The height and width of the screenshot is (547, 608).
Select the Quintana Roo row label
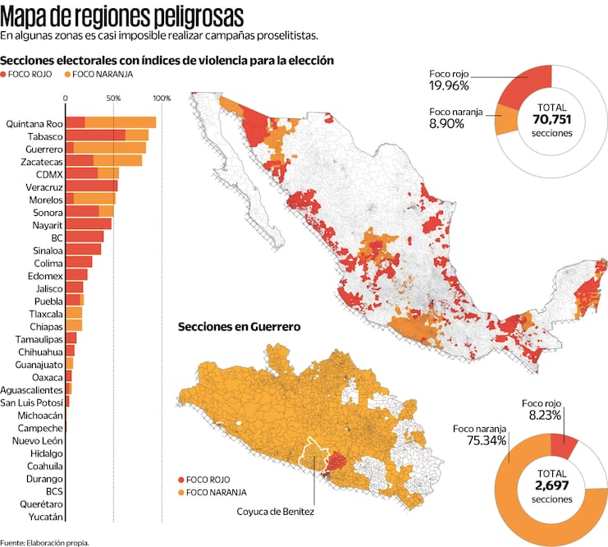click(34, 124)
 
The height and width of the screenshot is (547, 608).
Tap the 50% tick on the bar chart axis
click(113, 99)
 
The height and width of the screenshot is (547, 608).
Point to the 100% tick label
click(161, 99)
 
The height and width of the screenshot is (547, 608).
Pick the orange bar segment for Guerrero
click(109, 149)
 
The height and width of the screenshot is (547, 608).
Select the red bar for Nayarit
click(88, 224)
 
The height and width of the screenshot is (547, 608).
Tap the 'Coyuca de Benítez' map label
click(276, 511)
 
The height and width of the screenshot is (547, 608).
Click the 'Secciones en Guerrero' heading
click(239, 327)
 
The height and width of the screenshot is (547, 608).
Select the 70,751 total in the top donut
click(551, 119)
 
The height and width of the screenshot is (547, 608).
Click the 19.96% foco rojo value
click(448, 85)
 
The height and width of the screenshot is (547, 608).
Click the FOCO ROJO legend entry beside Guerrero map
click(204, 479)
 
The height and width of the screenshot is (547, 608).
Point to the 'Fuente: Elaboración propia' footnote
click(44, 542)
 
